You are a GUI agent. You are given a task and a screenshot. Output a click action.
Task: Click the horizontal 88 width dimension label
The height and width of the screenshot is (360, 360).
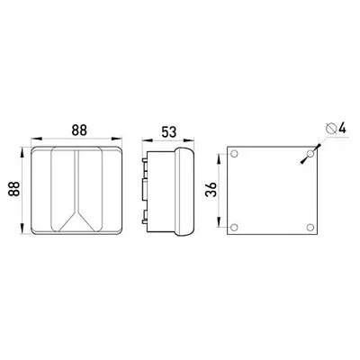click(79, 130)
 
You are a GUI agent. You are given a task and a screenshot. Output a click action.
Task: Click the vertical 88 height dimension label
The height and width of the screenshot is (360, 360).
click(14, 189)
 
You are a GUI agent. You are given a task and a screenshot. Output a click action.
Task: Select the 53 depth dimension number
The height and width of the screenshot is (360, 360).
click(169, 132)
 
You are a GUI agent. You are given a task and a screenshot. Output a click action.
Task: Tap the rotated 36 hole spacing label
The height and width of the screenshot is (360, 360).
click(211, 190)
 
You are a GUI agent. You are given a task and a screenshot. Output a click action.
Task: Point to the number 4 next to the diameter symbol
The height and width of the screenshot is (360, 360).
click(342, 129)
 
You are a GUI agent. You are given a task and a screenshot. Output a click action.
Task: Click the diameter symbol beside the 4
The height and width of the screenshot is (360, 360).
click(330, 129)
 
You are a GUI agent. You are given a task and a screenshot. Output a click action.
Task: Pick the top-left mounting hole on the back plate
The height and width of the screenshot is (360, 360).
click(234, 154)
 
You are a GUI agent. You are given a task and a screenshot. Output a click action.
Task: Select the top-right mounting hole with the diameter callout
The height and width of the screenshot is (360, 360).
click(310, 154)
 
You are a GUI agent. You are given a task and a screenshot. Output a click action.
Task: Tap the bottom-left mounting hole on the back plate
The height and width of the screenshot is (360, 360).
click(234, 228)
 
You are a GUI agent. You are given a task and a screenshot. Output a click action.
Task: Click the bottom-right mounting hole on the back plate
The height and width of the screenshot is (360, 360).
click(310, 228)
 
